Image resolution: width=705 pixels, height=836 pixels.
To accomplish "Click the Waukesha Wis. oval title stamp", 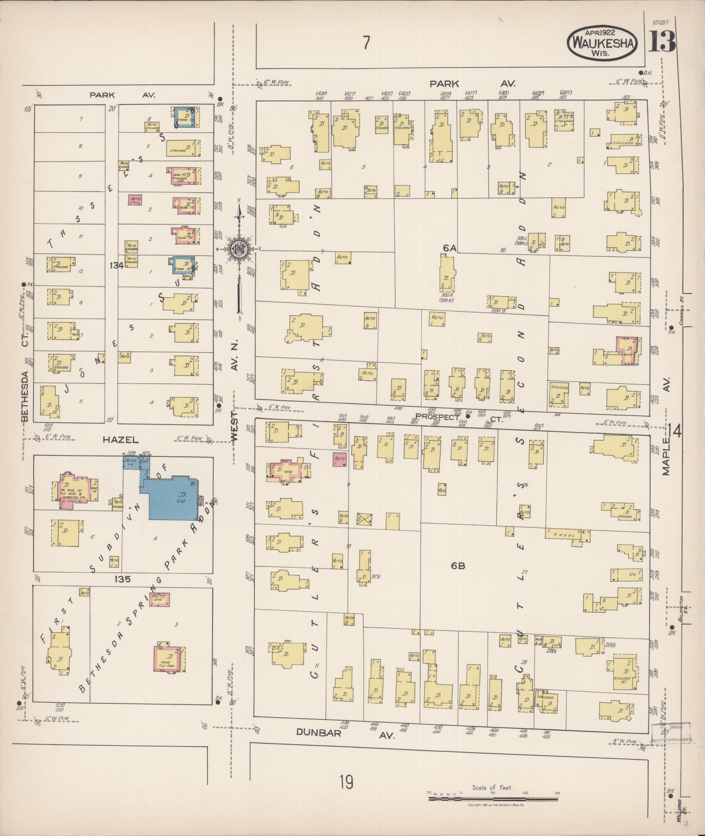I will pos(602,43).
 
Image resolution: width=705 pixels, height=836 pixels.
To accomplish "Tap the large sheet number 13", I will pos(662,42).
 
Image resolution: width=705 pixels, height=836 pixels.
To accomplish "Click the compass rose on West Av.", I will pos(240,249).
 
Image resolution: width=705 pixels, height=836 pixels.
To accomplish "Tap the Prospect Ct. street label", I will pos(455,417).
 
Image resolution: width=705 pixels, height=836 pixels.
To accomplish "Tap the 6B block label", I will pos(458,565).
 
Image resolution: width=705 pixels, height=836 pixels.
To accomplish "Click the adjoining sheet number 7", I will pos(366,43).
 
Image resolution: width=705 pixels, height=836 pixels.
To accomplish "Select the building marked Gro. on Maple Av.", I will pos(627,574).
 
